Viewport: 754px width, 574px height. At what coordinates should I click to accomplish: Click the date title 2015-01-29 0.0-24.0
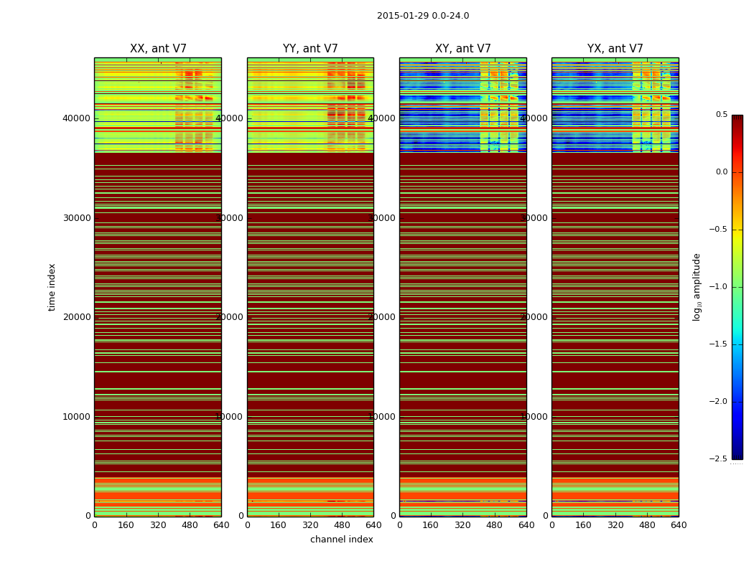click(x=423, y=16)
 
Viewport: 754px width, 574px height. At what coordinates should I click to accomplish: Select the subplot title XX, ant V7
click(x=158, y=49)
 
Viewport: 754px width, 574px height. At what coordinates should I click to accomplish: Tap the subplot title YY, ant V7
click(x=310, y=49)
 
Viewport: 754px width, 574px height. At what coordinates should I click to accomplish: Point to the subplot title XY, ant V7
click(x=463, y=49)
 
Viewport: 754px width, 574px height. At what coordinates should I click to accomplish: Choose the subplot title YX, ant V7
click(x=615, y=49)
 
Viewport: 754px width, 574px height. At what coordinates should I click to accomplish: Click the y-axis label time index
click(x=52, y=286)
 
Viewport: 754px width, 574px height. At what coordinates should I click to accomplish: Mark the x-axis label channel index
click(x=342, y=540)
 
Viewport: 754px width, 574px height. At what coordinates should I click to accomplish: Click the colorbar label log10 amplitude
click(x=696, y=287)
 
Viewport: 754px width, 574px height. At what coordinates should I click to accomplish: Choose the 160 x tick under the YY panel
click(x=279, y=525)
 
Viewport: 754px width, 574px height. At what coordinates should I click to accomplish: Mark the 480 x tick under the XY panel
click(x=495, y=525)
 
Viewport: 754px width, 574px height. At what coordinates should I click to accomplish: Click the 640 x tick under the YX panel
click(x=679, y=525)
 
